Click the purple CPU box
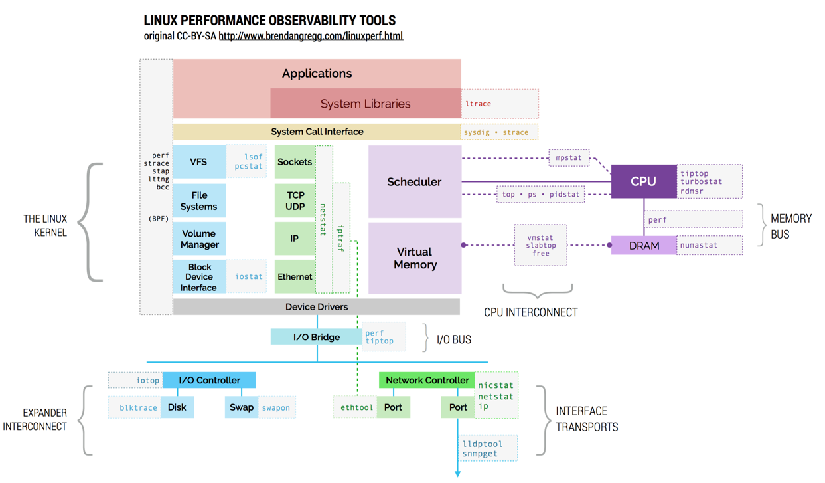(643, 181)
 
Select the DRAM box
(643, 246)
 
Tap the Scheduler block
(414, 181)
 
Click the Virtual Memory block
(415, 258)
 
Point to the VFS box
(198, 162)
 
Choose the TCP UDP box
(295, 201)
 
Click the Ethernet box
(295, 277)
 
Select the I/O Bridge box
(316, 337)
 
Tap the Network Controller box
(427, 380)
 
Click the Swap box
(242, 407)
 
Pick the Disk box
(177, 407)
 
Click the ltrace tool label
(478, 104)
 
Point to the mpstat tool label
(568, 158)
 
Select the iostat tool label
(249, 276)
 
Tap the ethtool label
(356, 407)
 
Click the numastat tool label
(698, 245)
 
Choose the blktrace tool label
(138, 407)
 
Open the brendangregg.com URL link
(310, 36)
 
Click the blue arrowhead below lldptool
(457, 473)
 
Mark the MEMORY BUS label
(790, 226)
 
